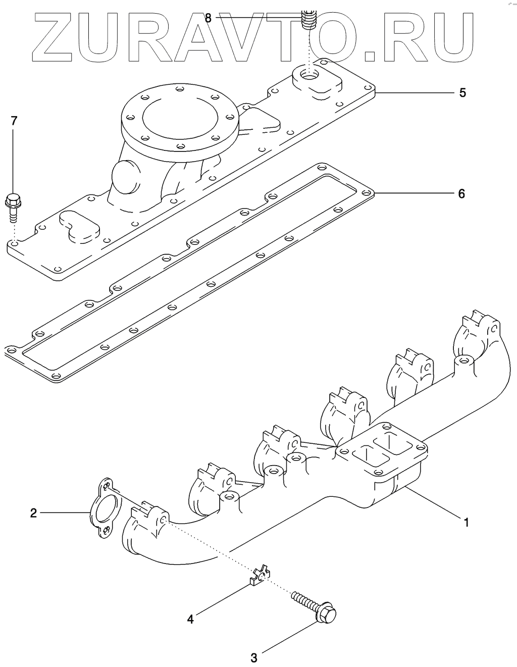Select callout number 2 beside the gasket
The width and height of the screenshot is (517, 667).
click(x=33, y=513)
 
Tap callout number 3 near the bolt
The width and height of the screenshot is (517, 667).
click(x=254, y=657)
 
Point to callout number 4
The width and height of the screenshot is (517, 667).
click(x=190, y=619)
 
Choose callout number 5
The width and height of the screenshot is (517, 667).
click(x=462, y=93)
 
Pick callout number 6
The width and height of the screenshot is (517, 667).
click(x=461, y=193)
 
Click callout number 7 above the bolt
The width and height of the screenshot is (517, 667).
click(x=14, y=121)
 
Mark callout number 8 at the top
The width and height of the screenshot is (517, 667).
click(x=208, y=18)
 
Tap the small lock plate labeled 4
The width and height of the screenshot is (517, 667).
click(x=261, y=576)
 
